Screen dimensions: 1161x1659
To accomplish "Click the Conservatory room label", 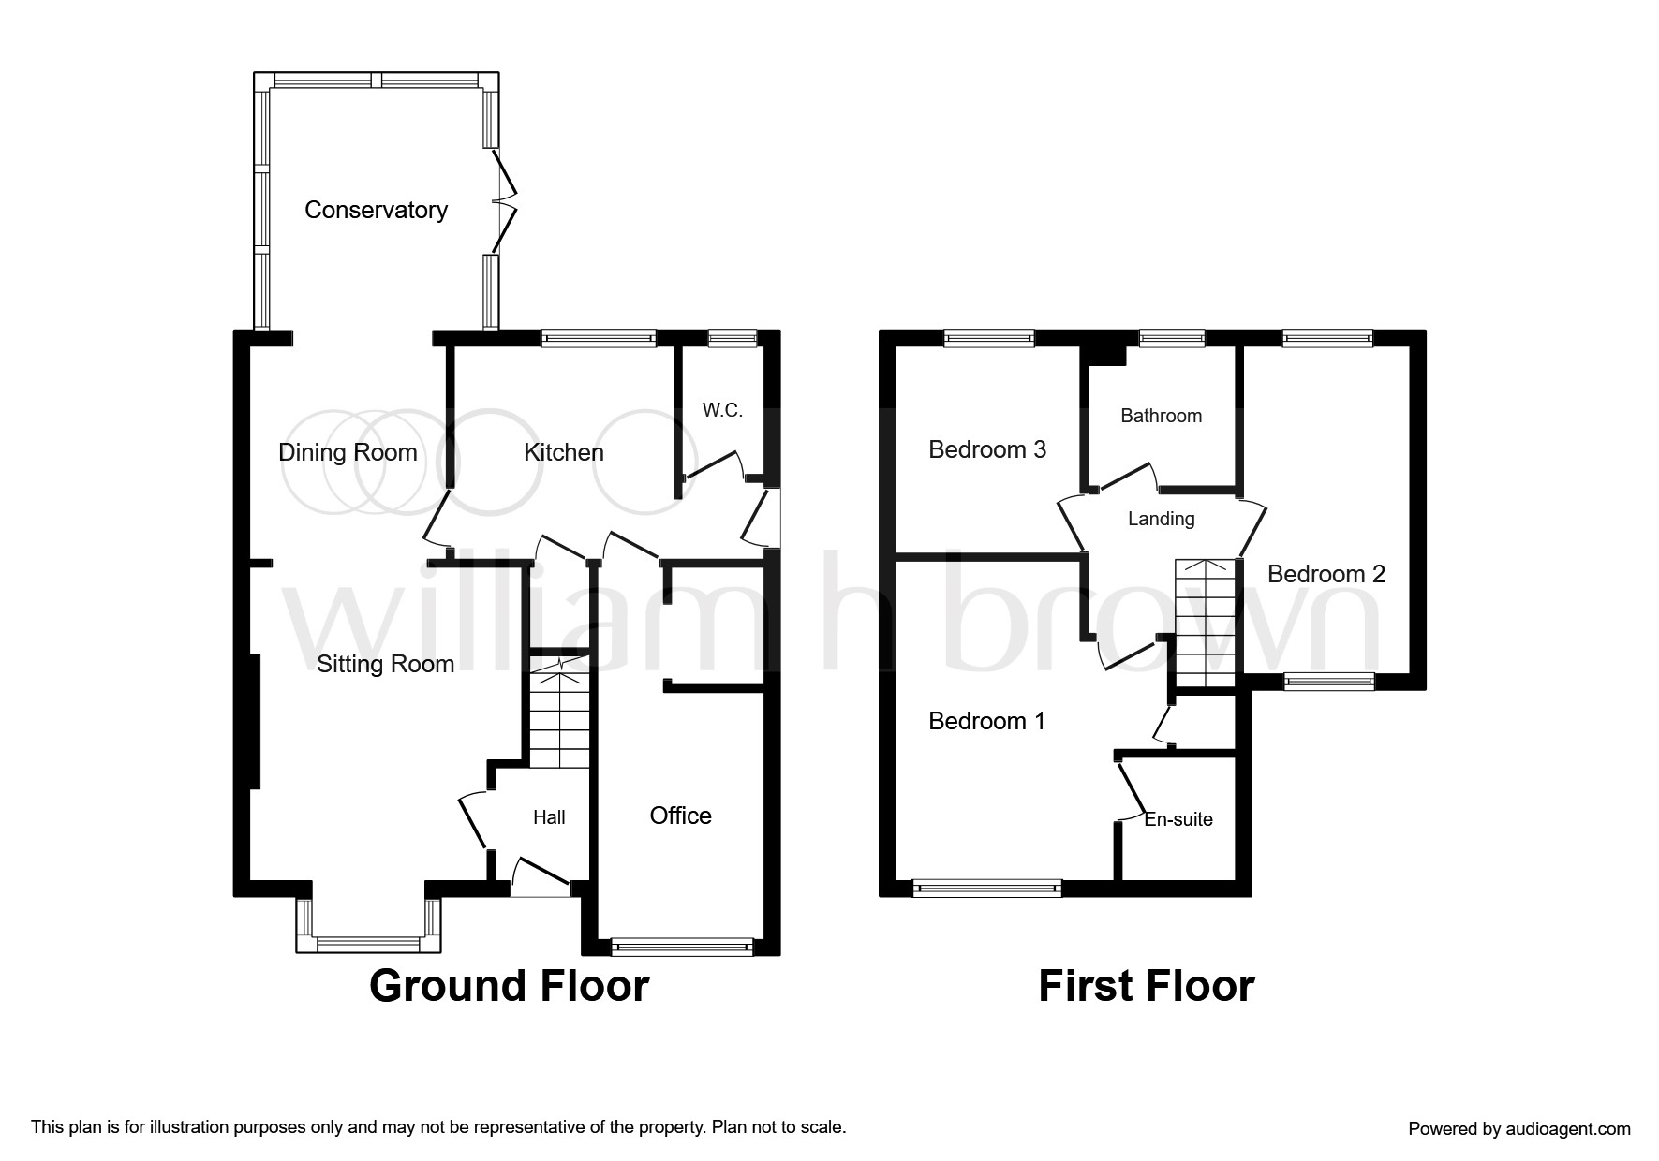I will (x=376, y=210).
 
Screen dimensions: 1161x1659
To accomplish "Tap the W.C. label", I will (x=721, y=410).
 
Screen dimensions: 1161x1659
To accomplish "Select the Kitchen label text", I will (x=563, y=452).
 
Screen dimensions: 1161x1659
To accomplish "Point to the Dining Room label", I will (x=348, y=453).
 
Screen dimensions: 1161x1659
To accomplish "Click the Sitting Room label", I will (x=385, y=664).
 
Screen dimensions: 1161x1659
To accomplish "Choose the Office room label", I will (x=680, y=816).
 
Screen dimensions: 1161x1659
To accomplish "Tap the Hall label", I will (x=549, y=817).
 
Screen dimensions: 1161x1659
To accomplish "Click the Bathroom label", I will (x=1161, y=416).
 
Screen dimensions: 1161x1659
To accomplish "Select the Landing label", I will (x=1161, y=519).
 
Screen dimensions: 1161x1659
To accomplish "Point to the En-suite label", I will (x=1178, y=819).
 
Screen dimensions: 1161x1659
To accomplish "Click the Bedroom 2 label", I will (x=1326, y=574).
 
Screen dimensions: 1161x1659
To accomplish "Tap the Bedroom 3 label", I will (x=986, y=449).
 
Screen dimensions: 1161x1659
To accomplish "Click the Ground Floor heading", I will (x=509, y=986).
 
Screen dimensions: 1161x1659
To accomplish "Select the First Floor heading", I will (x=1146, y=986).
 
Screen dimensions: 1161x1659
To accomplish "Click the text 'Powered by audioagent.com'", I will (x=1518, y=1128).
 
